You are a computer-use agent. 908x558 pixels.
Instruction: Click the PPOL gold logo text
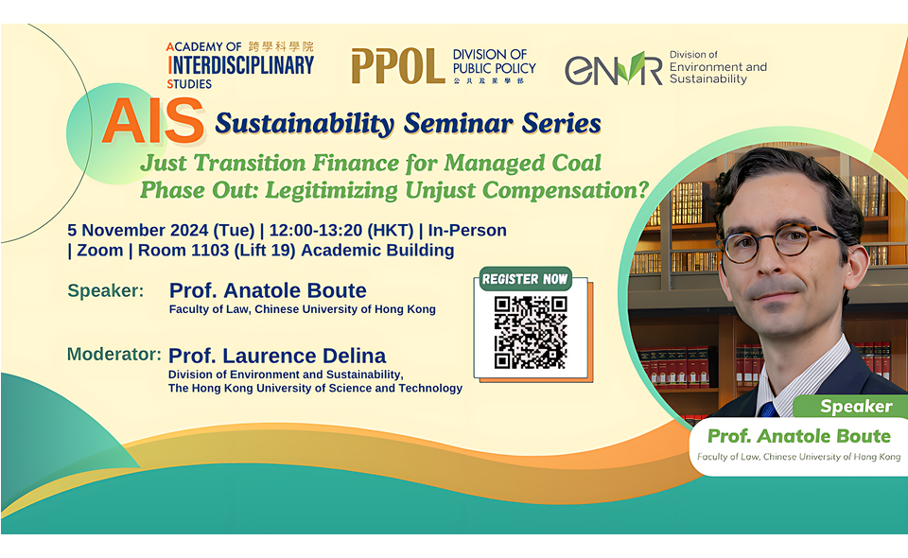coord(398,65)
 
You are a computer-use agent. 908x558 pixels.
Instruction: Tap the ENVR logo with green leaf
coord(613,68)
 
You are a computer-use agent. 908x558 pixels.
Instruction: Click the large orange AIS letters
coord(153,122)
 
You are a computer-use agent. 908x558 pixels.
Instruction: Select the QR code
coord(530,332)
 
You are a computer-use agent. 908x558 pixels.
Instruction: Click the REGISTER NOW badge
coord(525,279)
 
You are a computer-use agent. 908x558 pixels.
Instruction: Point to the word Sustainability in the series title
coord(305,123)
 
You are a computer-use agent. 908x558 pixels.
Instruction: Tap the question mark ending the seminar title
coord(642,190)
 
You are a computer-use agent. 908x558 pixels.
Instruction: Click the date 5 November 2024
coord(138,231)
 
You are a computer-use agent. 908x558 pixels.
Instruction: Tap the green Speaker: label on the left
coord(105,290)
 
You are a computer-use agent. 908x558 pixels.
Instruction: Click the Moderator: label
coord(114,355)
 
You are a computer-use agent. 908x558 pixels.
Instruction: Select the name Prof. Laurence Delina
coord(277,356)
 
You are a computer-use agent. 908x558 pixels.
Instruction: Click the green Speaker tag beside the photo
coord(855,407)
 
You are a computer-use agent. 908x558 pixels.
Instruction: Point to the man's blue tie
coord(768,410)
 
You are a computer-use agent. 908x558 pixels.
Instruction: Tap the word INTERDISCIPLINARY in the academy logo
coord(241,65)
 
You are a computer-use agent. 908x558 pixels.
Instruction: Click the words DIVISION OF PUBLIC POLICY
coord(494,61)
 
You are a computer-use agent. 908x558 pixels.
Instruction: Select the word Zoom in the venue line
coord(99,251)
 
